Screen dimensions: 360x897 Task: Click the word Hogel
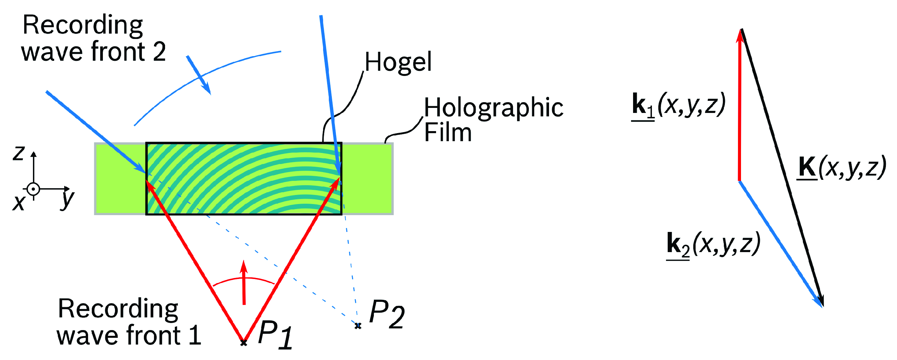tap(398, 62)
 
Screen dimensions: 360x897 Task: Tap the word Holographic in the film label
tap(494, 108)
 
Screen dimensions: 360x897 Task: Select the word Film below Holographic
tap(448, 132)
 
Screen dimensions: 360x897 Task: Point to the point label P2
tap(387, 314)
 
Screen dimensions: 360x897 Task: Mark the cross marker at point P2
tap(358, 326)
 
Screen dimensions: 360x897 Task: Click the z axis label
tap(19, 153)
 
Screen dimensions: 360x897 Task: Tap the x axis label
tap(19, 203)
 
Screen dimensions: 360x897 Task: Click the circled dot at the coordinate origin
tap(33, 189)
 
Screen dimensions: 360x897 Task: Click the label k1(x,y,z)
tap(678, 105)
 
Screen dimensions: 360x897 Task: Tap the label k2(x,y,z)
tap(713, 244)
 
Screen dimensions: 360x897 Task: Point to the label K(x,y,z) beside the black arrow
tap(841, 168)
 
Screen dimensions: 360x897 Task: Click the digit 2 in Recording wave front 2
tap(159, 52)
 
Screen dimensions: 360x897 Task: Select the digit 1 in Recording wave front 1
tap(195, 335)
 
